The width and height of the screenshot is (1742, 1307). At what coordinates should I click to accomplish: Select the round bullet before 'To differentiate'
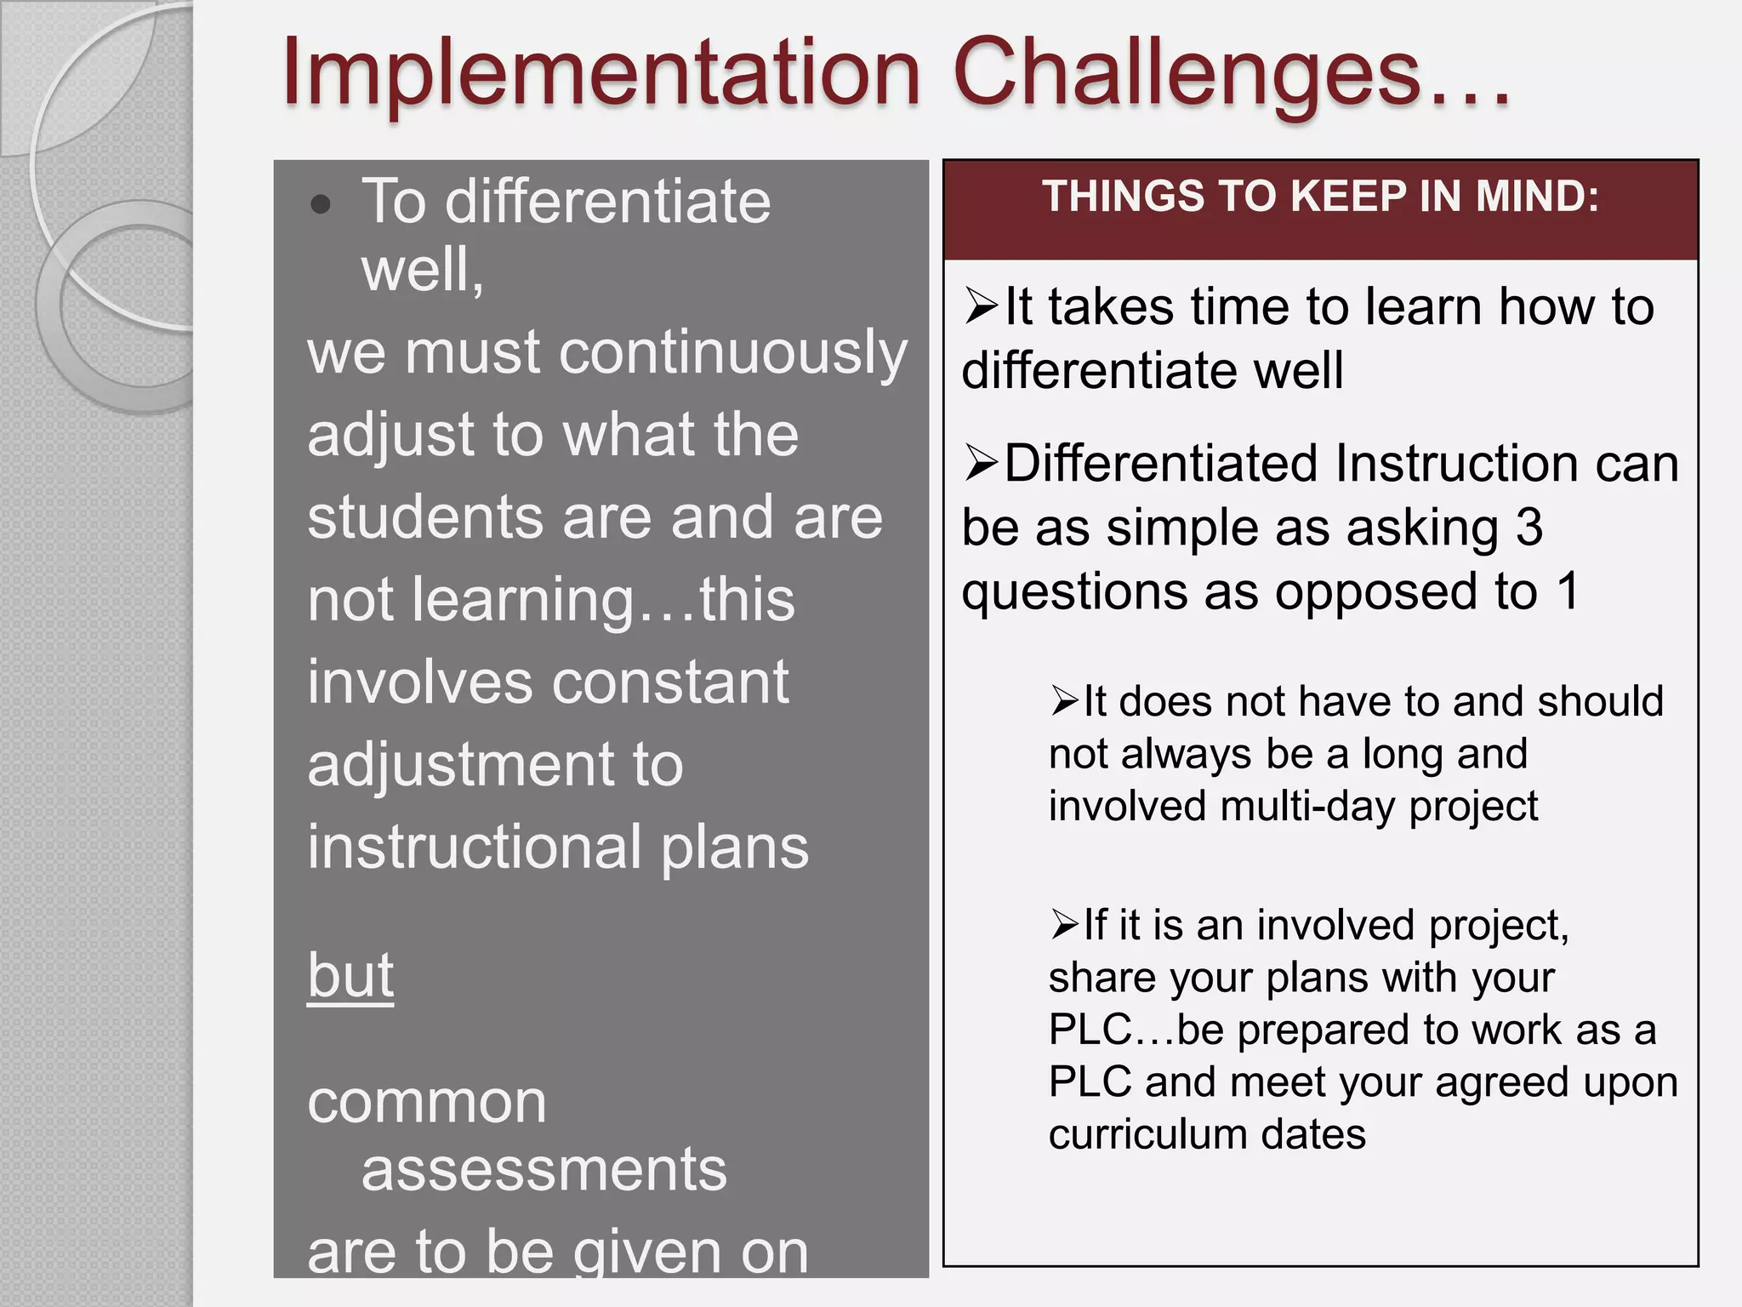click(x=321, y=204)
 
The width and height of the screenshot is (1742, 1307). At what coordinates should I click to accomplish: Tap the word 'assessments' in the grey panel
click(x=544, y=1170)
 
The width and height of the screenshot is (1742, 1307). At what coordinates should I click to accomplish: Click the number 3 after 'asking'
click(x=1529, y=528)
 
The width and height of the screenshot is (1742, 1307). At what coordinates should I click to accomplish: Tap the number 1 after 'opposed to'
click(x=1568, y=591)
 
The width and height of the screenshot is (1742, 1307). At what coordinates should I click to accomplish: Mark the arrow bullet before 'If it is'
click(x=1064, y=924)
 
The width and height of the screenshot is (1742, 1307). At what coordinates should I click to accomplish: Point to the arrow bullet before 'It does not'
click(x=1064, y=701)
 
